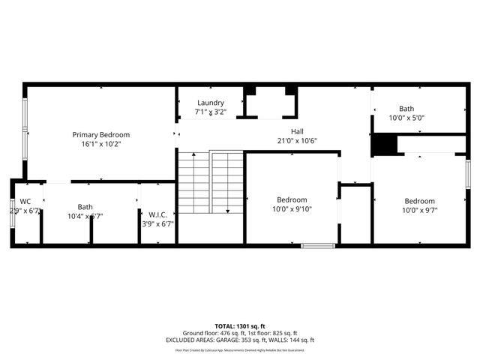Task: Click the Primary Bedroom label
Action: pos(100,135)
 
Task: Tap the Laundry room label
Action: pos(211,103)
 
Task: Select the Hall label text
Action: pos(297,130)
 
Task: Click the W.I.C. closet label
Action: pos(157,214)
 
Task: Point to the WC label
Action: pos(25,201)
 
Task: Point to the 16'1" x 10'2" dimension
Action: pos(100,144)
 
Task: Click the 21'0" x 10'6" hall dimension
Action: pos(297,140)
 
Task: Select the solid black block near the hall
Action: pos(383,144)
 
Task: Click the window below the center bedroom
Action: pos(318,244)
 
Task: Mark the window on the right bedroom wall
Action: pos(467,177)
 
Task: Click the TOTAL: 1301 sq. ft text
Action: pos(240,326)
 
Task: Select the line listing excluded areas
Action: pos(240,340)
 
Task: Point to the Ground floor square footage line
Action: pos(240,333)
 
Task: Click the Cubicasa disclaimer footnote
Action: pos(240,349)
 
